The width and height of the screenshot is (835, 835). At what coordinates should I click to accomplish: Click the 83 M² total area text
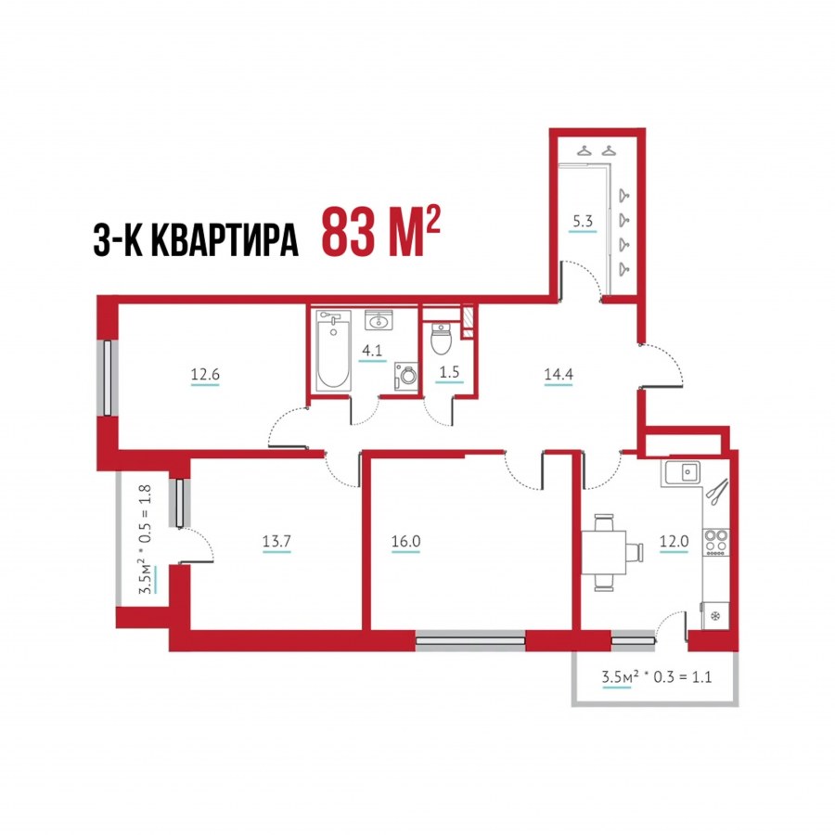coord(380,233)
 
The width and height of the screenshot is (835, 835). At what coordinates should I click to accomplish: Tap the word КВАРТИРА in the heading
coord(225,240)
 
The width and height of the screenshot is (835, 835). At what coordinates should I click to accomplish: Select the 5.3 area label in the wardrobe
coord(583,221)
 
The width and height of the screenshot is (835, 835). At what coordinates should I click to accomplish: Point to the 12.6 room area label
coord(205,375)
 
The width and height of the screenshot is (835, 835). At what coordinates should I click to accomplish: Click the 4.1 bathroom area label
coord(372,351)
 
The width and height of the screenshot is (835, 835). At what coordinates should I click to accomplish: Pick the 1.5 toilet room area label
coord(449,372)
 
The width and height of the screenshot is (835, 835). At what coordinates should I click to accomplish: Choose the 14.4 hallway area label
coord(559,375)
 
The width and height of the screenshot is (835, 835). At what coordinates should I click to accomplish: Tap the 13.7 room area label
coord(276,542)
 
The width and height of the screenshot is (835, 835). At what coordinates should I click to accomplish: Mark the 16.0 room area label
coord(405,542)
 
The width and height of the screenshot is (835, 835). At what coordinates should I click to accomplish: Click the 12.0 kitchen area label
coord(674,542)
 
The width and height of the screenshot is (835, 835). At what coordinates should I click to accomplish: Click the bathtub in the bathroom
coord(334,351)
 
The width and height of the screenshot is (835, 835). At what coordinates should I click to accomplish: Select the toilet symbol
coord(441,339)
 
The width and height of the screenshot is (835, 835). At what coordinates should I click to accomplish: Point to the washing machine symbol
coord(405,376)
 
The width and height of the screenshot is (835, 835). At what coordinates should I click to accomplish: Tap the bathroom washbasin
coord(379,321)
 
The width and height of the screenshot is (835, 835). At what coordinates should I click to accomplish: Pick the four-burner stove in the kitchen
coord(716,542)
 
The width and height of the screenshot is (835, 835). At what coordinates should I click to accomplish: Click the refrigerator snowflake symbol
coord(715,616)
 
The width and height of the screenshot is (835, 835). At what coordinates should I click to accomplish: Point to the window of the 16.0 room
coord(470,640)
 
